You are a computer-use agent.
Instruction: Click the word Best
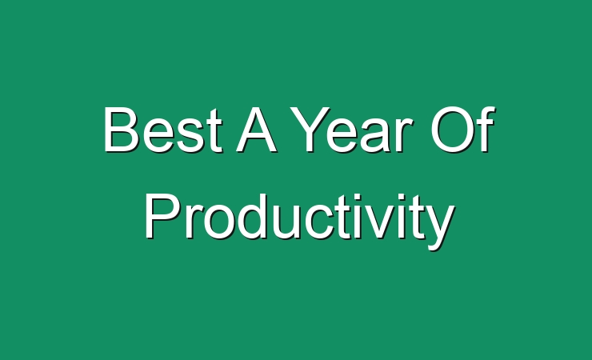[163, 130]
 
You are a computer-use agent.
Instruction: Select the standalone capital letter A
[257, 130]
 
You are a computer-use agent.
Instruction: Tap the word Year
[351, 130]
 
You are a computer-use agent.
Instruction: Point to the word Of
[463, 129]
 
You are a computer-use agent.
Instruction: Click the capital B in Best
[121, 130]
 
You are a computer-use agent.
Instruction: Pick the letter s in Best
[190, 136]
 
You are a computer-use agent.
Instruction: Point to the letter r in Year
[405, 135]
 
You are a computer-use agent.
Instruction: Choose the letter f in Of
[487, 129]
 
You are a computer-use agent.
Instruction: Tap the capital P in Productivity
[162, 216]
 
